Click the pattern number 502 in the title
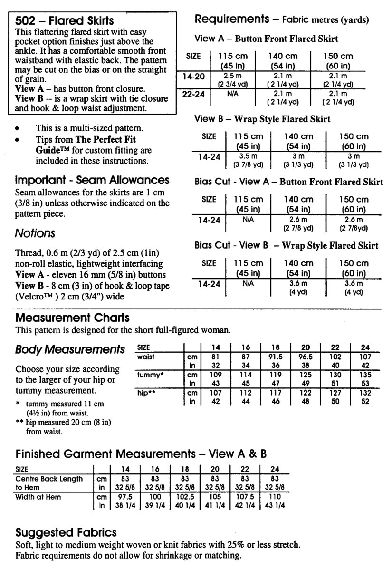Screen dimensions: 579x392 click(x=25, y=21)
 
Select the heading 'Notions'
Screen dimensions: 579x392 click(x=35, y=233)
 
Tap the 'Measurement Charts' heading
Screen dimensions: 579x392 click(x=72, y=318)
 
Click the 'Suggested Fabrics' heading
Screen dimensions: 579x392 click(x=66, y=532)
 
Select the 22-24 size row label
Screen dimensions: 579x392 click(x=193, y=94)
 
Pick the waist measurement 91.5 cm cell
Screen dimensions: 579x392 click(x=275, y=357)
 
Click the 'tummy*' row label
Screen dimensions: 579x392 click(x=151, y=375)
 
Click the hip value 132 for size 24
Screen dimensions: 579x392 click(x=365, y=393)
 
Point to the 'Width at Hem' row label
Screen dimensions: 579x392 click(x=38, y=497)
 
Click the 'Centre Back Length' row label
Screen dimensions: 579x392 click(x=49, y=479)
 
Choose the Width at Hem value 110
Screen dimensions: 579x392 click(x=275, y=497)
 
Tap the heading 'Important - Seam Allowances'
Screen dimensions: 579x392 click(x=92, y=180)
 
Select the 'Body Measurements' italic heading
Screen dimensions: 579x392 click(x=70, y=349)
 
